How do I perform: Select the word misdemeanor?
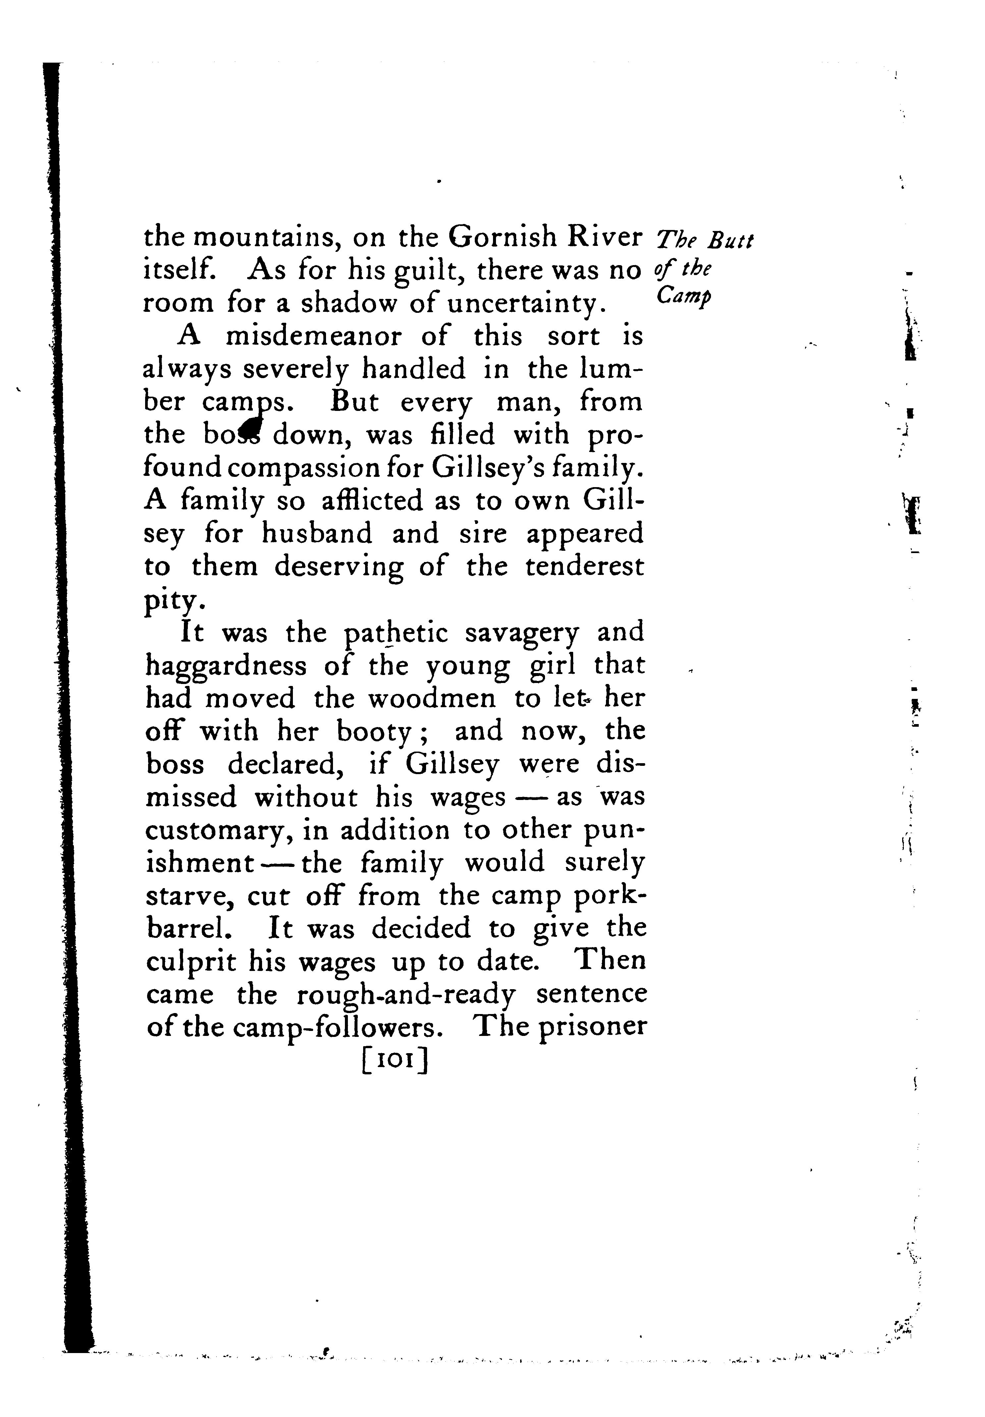tap(315, 336)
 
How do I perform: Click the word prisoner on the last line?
tap(592, 1028)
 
